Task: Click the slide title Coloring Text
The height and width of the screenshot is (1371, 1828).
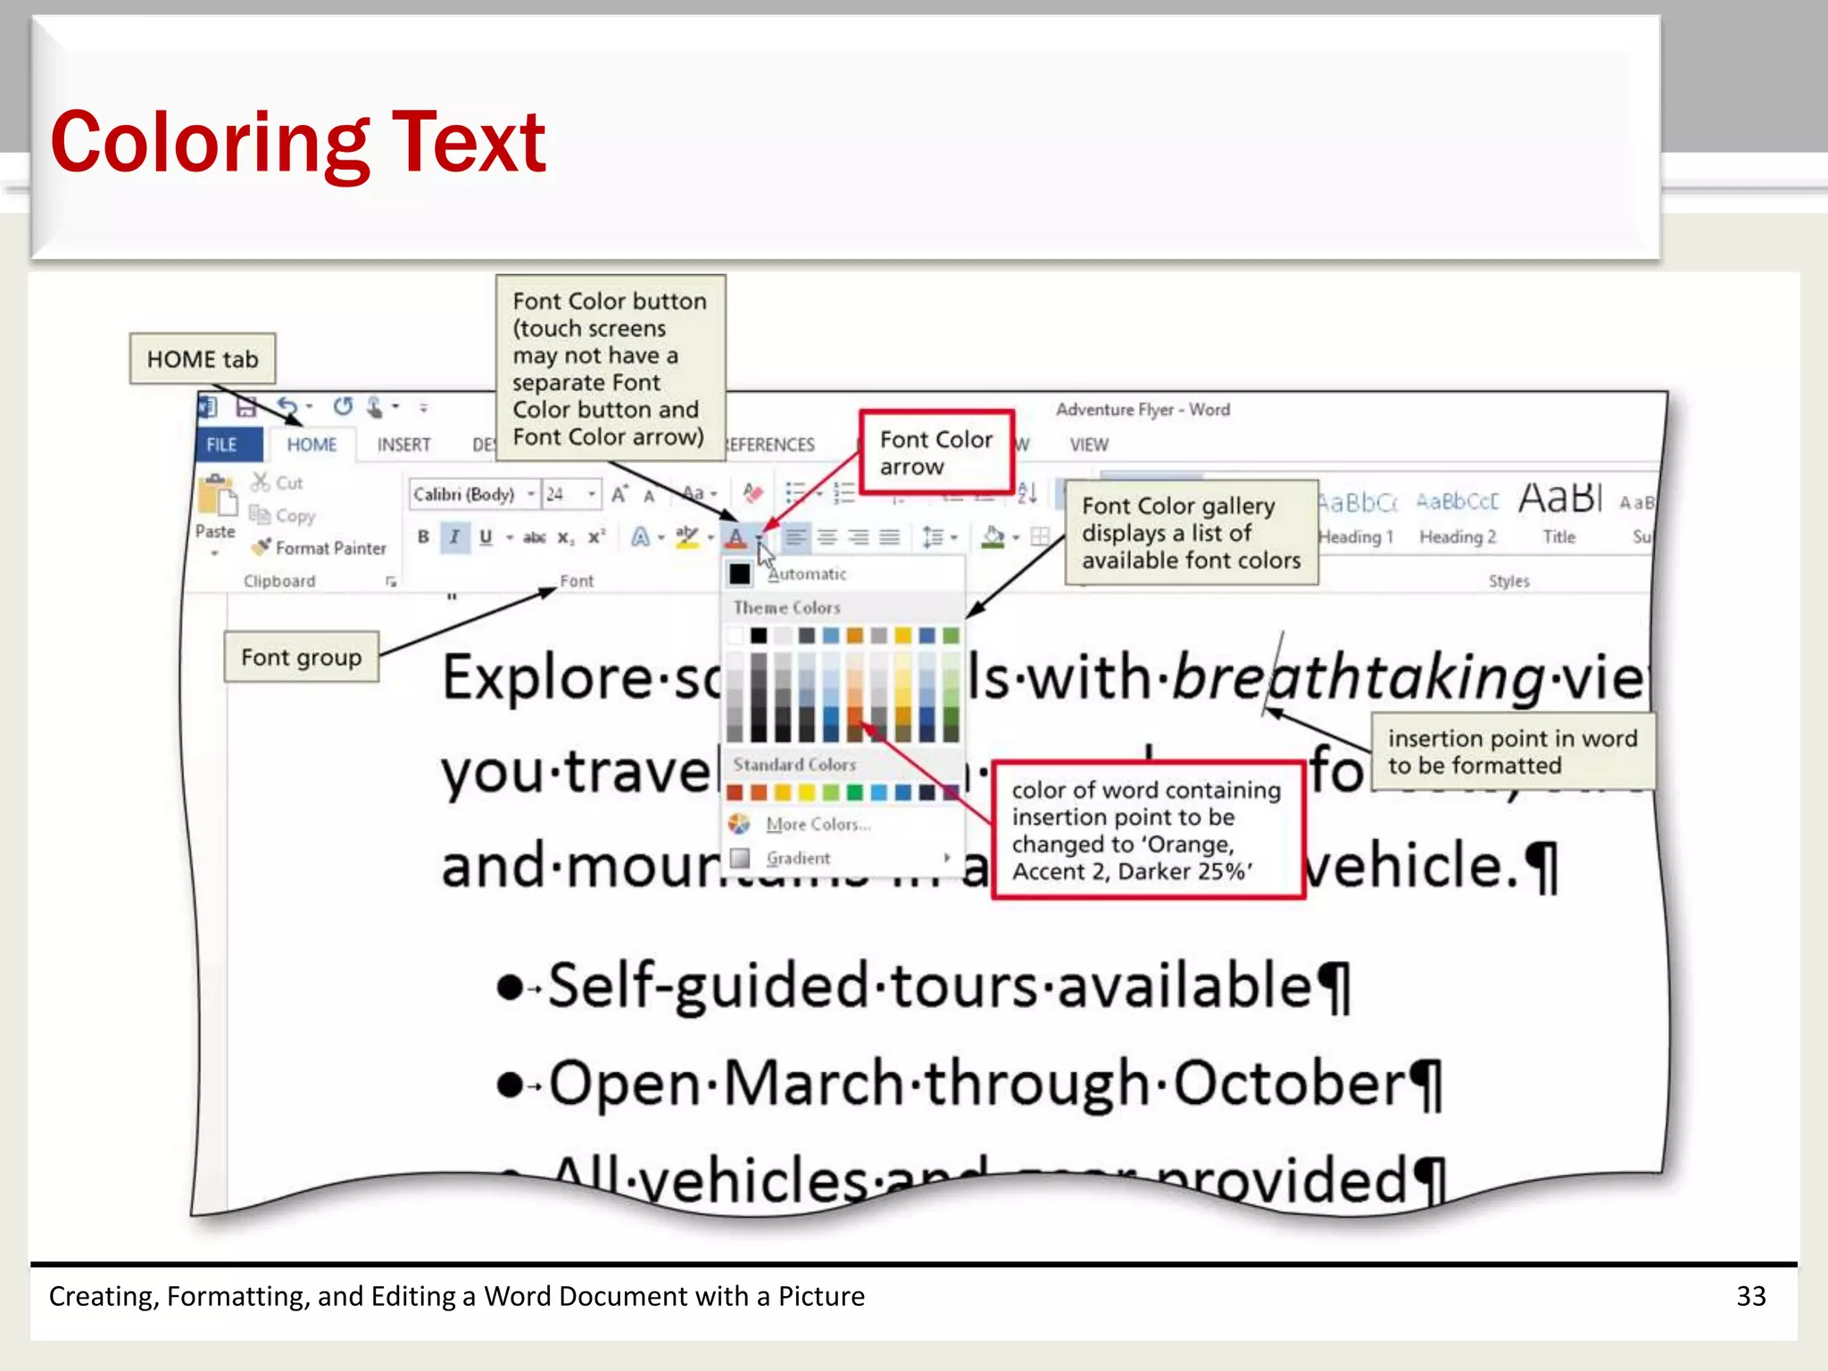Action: (x=297, y=143)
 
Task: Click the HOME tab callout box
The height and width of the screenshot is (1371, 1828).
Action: (x=203, y=359)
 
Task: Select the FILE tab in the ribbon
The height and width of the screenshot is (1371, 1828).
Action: (x=221, y=445)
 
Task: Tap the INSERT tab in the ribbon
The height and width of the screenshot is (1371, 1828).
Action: (x=403, y=445)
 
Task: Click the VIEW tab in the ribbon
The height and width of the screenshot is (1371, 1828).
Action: (x=1089, y=445)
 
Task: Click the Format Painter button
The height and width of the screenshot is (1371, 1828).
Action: (x=321, y=547)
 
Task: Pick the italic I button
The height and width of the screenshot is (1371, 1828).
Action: (x=454, y=536)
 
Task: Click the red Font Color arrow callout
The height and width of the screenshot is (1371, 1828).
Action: (x=935, y=453)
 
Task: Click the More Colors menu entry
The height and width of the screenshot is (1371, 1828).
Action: (x=816, y=824)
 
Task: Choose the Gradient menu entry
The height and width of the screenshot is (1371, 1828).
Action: (x=797, y=858)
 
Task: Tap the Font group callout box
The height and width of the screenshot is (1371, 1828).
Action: (x=301, y=658)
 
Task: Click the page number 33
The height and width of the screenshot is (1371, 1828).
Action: (x=1750, y=1296)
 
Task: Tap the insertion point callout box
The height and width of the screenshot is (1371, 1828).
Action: (x=1512, y=752)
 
